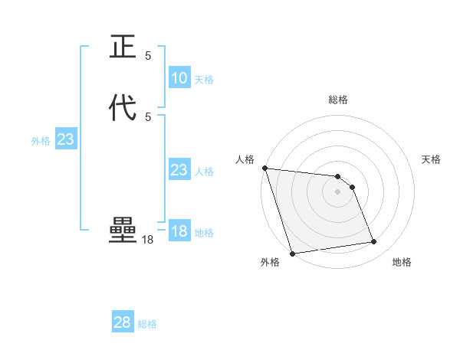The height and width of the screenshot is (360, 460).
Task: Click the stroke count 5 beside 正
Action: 148,55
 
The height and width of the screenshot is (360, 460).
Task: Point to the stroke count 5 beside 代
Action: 148,116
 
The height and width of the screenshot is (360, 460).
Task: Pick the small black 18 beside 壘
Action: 148,240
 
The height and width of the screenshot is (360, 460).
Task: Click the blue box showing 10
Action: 179,78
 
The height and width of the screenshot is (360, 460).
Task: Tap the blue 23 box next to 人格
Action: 179,170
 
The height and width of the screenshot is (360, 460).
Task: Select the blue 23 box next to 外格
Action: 65,139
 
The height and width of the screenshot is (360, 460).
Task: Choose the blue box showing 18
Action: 179,231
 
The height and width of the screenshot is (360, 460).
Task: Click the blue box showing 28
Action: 122,322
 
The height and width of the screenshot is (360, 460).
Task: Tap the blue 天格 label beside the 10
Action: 204,80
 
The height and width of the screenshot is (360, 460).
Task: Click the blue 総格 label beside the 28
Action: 147,324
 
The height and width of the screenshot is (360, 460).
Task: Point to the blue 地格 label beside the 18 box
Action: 204,233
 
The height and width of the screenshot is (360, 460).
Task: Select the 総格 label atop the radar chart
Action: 337,100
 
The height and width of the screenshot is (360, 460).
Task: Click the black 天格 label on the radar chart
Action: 431,159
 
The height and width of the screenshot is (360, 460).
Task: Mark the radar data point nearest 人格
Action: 264,168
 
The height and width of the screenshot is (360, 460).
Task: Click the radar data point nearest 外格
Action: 292,253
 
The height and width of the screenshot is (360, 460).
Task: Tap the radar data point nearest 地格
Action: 374,242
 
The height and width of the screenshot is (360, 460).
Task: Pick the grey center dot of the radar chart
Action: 337,191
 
